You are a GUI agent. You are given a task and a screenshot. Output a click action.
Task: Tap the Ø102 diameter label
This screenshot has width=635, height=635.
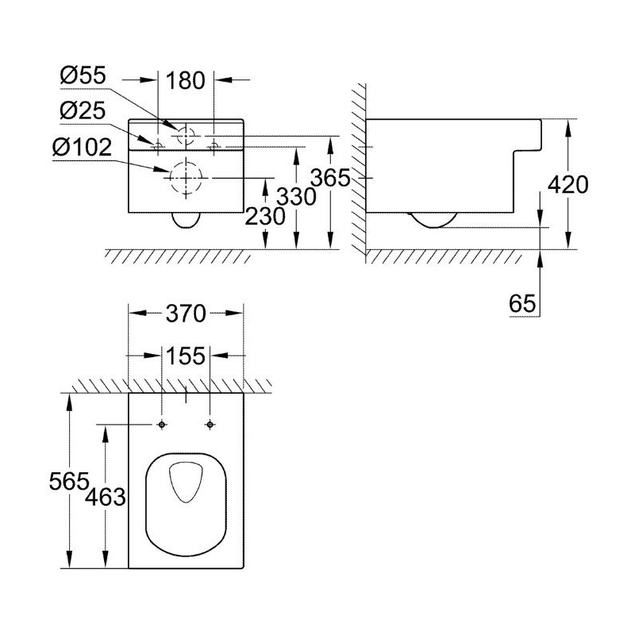point(88,147)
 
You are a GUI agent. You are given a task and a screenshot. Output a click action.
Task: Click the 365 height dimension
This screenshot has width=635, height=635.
point(330,178)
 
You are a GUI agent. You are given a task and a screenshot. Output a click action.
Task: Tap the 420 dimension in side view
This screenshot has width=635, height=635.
point(568,186)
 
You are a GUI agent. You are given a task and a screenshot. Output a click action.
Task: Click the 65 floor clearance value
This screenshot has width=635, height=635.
point(519,303)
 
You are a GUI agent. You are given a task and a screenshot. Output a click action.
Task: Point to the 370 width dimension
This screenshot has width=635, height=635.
point(186,314)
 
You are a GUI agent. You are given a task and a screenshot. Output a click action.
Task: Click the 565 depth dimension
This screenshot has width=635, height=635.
point(67,481)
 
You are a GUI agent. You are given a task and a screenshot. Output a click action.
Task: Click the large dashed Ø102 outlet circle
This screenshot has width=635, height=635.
point(187,177)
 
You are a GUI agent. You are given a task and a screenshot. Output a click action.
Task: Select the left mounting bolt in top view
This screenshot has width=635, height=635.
point(162,425)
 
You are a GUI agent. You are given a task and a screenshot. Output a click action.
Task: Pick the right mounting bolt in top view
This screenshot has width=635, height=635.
point(210,425)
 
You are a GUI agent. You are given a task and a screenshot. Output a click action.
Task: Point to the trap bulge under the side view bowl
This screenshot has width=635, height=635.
point(433,220)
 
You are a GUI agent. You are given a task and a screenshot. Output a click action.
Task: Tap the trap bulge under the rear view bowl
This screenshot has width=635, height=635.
point(187,220)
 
